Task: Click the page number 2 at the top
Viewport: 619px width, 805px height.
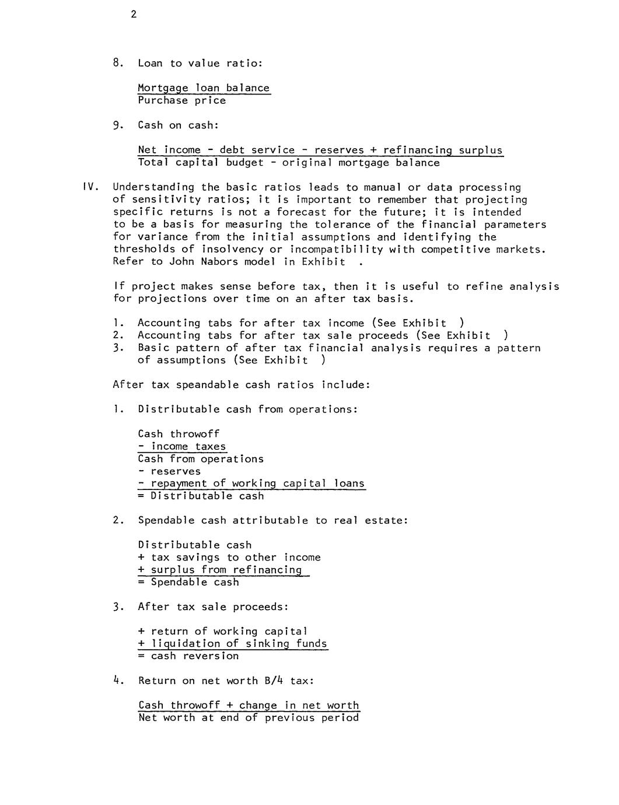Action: point(134,15)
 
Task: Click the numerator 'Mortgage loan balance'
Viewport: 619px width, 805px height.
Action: point(204,88)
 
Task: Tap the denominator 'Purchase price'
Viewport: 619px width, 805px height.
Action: point(181,100)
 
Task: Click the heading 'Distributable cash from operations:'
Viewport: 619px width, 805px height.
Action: point(247,409)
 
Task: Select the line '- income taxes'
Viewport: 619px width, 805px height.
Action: point(181,447)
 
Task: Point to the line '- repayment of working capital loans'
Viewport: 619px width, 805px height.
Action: point(251,484)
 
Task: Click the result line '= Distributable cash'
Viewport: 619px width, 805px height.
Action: point(201,496)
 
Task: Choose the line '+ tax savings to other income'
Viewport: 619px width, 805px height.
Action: point(229,558)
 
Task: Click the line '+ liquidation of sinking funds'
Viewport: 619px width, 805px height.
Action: point(232,644)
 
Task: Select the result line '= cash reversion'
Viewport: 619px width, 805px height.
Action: point(188,656)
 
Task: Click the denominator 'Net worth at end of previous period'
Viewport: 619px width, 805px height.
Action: point(248,717)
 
